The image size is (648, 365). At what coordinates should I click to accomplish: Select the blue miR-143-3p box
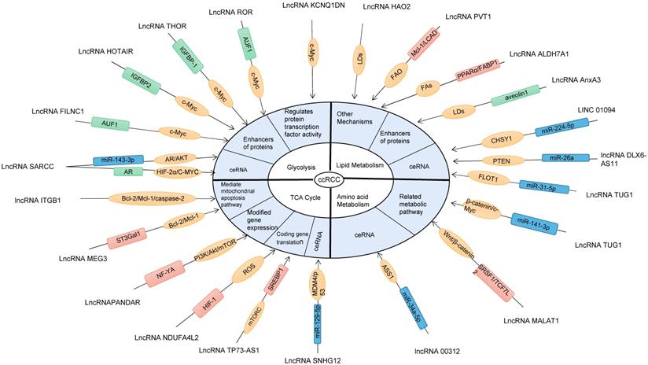tap(114, 160)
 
